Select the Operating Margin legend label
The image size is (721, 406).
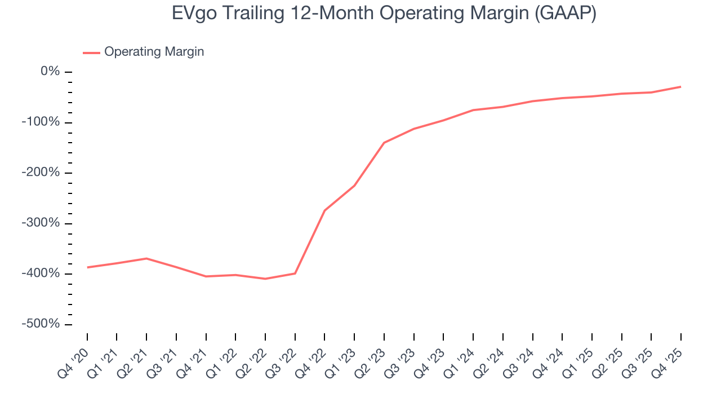coord(154,52)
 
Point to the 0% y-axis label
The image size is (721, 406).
coord(50,72)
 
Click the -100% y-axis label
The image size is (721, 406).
coord(41,122)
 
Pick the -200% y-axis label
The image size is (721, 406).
coord(41,173)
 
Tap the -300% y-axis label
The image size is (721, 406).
coord(41,223)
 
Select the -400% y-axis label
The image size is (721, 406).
coord(41,273)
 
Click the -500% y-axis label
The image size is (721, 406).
coord(41,324)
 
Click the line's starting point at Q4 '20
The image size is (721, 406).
coord(87,267)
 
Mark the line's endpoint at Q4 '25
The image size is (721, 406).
coord(680,87)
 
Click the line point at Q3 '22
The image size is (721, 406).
coord(295,273)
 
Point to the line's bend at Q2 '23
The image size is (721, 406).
coord(384,143)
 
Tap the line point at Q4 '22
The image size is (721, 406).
coord(325,210)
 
